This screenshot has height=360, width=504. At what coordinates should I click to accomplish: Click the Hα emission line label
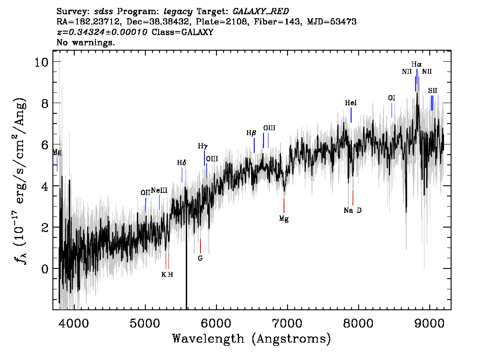click(x=416, y=64)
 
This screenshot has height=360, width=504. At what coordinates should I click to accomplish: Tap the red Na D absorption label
click(x=352, y=210)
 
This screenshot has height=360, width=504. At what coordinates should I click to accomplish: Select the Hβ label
click(x=252, y=133)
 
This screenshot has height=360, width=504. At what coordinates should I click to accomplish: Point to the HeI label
click(x=351, y=103)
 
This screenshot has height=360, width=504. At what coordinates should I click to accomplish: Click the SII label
click(x=432, y=91)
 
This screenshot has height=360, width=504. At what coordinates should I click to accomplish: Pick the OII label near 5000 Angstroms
click(x=145, y=192)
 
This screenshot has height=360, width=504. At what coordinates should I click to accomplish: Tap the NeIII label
click(x=159, y=190)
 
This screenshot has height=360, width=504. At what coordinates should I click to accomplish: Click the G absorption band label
click(x=200, y=258)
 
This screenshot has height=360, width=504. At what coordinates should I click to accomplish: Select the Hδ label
click(x=182, y=163)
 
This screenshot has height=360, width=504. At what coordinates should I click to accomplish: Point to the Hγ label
click(x=203, y=146)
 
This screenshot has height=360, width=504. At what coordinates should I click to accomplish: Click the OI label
click(x=392, y=98)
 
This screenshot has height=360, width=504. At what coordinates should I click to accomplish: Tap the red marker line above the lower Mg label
click(x=284, y=206)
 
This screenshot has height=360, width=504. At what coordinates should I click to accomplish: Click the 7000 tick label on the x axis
click(x=287, y=323)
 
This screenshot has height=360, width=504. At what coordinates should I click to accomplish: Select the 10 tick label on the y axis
click(x=41, y=62)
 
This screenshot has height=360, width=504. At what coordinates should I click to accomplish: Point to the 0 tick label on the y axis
click(x=45, y=269)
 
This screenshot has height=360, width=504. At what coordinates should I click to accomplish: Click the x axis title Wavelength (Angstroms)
click(x=252, y=339)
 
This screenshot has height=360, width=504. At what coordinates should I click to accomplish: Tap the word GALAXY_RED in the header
click(x=261, y=11)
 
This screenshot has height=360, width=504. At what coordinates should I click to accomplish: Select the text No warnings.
click(x=85, y=42)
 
